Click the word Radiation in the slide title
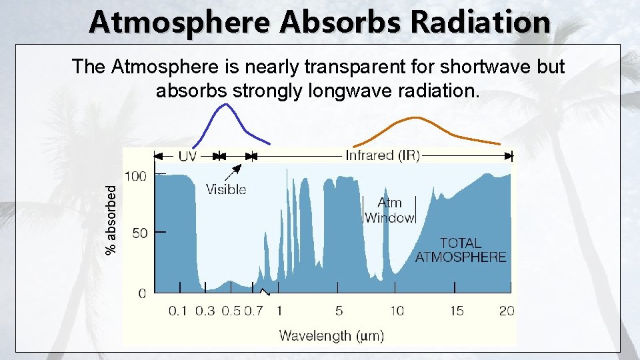[x=481, y=22]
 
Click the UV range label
[x=187, y=156]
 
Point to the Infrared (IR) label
[x=382, y=156]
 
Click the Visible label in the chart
[x=226, y=189]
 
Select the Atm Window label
[x=389, y=210]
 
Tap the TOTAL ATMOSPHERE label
[x=461, y=250]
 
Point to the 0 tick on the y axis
[x=141, y=293]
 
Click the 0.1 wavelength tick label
[x=178, y=311]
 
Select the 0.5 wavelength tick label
[x=231, y=311]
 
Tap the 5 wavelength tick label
[x=339, y=311]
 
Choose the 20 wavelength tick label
[x=507, y=311]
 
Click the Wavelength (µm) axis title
[x=331, y=335]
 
